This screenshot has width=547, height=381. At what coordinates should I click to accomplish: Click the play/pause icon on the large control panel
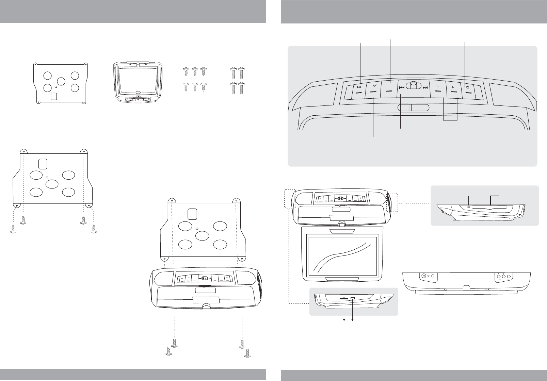click(359, 87)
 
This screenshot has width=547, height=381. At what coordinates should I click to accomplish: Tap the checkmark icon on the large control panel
click(374, 86)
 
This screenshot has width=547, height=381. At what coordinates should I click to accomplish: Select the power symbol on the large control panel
click(468, 87)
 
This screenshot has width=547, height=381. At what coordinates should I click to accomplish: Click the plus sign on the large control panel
click(452, 87)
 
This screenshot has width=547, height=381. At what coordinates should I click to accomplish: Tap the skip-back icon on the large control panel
click(402, 87)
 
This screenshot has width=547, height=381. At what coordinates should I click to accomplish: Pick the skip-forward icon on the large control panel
click(425, 87)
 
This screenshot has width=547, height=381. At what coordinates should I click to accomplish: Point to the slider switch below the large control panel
click(413, 107)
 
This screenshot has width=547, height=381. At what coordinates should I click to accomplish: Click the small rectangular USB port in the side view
click(353, 299)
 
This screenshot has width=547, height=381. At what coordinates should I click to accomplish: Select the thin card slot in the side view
click(344, 299)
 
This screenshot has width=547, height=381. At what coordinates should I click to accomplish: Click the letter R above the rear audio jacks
click(498, 274)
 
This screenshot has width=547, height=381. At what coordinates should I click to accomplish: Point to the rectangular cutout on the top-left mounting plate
click(54, 96)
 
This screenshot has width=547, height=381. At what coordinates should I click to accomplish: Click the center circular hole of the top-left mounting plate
click(61, 82)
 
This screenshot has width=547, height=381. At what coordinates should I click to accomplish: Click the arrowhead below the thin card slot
click(344, 320)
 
